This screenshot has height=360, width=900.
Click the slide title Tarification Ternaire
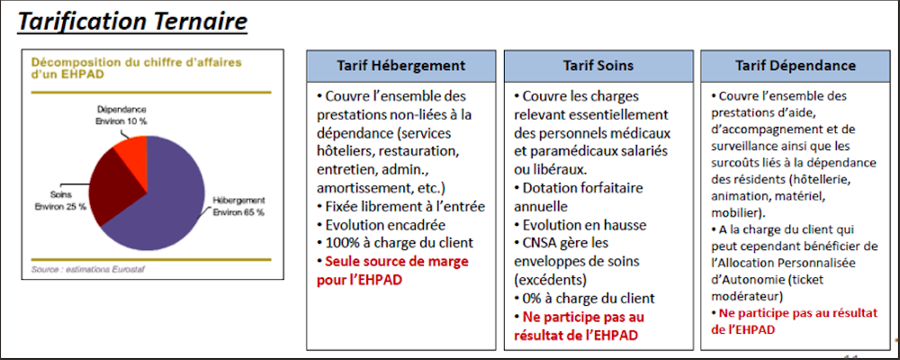[x=132, y=21]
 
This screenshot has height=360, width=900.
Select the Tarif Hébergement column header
[x=400, y=66]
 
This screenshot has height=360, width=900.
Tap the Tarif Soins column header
[x=598, y=66]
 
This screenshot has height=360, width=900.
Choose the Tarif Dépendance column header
[x=795, y=66]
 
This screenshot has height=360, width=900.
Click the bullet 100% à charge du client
[x=392, y=242]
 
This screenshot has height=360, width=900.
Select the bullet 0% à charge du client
[x=584, y=298]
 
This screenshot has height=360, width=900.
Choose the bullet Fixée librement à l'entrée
[x=400, y=206]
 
